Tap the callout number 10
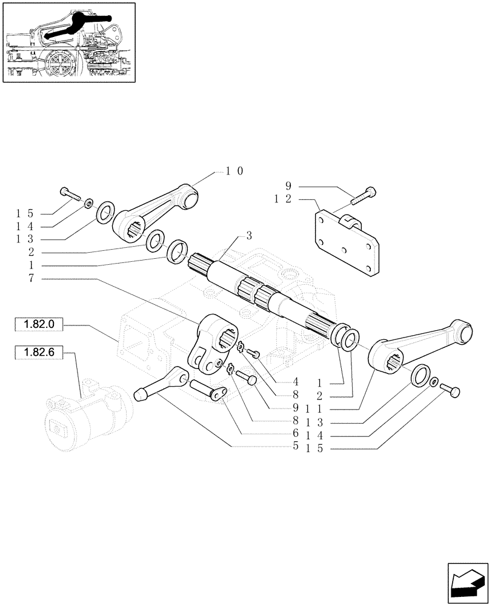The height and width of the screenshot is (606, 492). [x=234, y=171]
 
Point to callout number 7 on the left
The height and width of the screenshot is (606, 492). [x=30, y=278]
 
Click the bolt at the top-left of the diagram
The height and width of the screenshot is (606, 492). [x=70, y=194]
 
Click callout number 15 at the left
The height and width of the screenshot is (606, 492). [x=25, y=214]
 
